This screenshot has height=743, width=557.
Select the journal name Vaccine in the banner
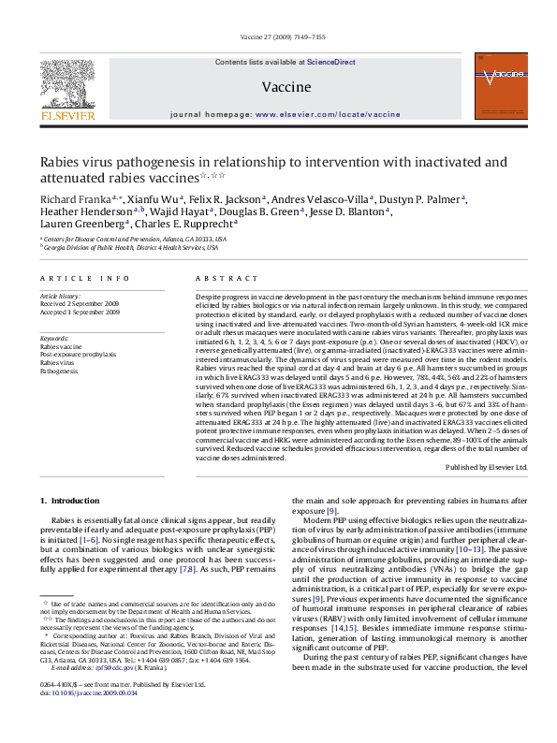click(x=279, y=85)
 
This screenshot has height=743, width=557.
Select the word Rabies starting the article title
click(x=59, y=161)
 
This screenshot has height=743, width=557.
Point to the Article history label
click(x=61, y=294)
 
